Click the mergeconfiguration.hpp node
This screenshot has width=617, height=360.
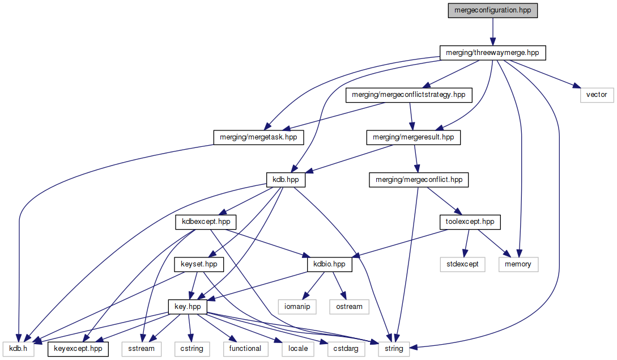(492, 11)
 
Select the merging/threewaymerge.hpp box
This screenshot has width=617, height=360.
(493, 53)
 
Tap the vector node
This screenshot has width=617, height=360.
(597, 95)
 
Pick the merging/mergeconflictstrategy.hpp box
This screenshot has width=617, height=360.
(408, 95)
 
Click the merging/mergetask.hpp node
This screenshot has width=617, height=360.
(258, 137)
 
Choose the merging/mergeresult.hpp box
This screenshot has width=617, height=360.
(413, 137)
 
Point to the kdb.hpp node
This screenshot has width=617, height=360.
(286, 180)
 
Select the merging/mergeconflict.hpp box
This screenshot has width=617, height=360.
(418, 180)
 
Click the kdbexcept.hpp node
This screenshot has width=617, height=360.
(206, 222)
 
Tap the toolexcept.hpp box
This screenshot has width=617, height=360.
(470, 222)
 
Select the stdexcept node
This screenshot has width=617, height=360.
(463, 264)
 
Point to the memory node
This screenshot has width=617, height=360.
(518, 264)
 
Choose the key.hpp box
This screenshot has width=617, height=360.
(188, 306)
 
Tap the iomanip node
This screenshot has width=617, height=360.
(297, 306)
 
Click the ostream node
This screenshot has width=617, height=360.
(349, 306)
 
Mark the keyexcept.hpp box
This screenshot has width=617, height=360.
(79, 348)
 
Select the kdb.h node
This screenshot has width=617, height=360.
(18, 348)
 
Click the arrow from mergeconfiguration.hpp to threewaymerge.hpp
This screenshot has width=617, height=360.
(492, 32)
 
